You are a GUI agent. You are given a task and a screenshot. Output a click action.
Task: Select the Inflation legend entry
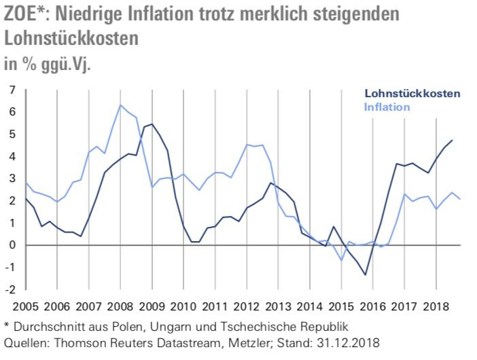click(387, 107)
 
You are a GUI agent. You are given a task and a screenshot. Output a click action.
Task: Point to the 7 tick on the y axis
click(11, 90)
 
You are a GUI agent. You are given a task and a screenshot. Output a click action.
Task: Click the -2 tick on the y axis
click(10, 289)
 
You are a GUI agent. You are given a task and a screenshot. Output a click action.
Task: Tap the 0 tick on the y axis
click(11, 245)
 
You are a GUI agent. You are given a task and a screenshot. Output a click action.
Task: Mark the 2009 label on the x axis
click(153, 306)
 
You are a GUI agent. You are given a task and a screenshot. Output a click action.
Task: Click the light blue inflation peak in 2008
click(120, 105)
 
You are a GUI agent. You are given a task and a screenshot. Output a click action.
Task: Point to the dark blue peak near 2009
click(151, 124)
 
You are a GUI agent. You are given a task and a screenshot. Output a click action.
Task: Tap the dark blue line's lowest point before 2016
click(366, 275)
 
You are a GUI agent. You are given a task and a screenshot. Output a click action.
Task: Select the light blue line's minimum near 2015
click(342, 260)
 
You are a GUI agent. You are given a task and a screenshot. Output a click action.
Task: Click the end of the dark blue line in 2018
click(452, 140)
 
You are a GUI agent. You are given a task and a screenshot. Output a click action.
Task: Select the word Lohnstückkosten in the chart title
click(71, 39)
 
